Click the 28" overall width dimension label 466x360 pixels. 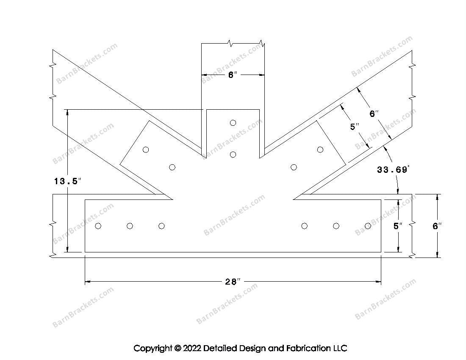233,281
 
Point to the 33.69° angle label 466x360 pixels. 393,169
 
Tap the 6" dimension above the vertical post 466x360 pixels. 233,75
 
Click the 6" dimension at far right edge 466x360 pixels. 437,226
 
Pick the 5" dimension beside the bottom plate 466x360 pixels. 397,226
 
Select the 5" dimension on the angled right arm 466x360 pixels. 354,127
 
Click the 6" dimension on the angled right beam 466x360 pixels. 374,114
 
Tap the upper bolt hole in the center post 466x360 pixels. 233,123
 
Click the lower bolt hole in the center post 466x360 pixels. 233,155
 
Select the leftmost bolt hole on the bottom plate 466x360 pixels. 98,226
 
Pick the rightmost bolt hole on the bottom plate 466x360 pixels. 368,226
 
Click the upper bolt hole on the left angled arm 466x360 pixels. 146,150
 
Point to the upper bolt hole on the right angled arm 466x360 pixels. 320,150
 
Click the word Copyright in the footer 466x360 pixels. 153,348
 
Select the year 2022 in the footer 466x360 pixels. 192,348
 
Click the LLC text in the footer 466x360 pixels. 340,348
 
